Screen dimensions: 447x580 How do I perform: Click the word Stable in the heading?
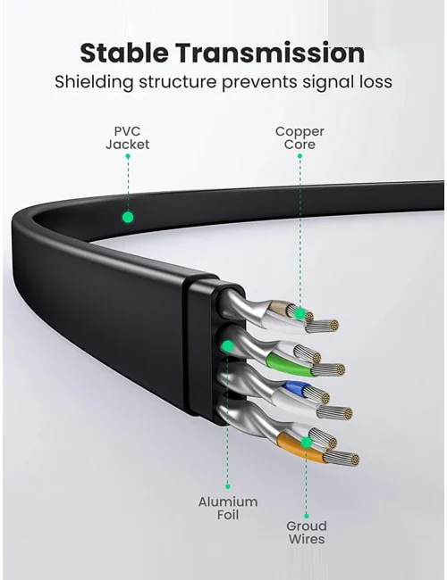pyautogui.click(x=123, y=53)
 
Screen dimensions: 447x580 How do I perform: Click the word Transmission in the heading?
pyautogui.click(x=270, y=53)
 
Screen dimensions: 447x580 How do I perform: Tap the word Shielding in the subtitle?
pyautogui.click(x=93, y=82)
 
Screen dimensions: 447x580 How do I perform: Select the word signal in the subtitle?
pyautogui.click(x=325, y=82)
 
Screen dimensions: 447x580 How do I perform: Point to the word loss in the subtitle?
pyautogui.click(x=373, y=82)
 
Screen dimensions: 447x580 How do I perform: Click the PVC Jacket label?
pyautogui.click(x=127, y=138)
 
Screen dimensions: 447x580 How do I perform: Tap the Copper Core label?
pyautogui.click(x=299, y=138)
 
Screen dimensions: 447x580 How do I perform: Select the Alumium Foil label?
pyautogui.click(x=228, y=509)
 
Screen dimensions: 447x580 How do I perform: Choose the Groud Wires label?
pyautogui.click(x=307, y=533)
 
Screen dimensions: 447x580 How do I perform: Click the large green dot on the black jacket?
pyautogui.click(x=128, y=217)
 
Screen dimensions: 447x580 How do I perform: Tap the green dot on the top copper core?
pyautogui.click(x=299, y=314)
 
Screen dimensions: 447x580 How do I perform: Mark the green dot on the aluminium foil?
pyautogui.click(x=228, y=346)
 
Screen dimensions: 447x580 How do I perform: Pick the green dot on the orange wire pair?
pyautogui.click(x=306, y=443)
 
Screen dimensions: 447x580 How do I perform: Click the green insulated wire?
pyautogui.click(x=289, y=364)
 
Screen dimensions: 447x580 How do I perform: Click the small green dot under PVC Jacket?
pyautogui.click(x=128, y=156)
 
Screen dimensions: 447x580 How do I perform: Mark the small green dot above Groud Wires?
pyautogui.click(x=306, y=516)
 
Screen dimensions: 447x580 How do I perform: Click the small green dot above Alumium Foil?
pyautogui.click(x=228, y=486)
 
